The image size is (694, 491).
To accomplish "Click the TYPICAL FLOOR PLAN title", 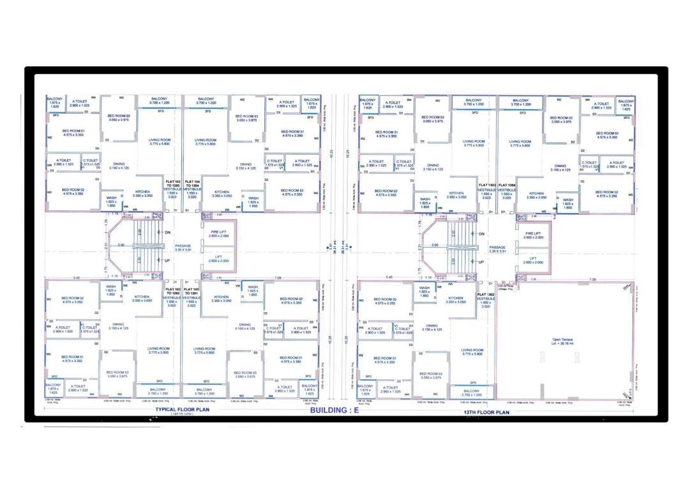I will coord(183,409).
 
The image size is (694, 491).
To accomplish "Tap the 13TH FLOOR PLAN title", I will coord(487,412).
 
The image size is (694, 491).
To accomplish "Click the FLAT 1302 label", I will coord(487,294).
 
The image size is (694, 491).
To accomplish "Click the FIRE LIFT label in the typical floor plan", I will coord(219,233).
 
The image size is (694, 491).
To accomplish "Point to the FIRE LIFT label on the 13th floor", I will coord(533,234).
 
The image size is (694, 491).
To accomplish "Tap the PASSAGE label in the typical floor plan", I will coord(183,246).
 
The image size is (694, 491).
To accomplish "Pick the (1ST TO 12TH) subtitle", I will coord(183,415).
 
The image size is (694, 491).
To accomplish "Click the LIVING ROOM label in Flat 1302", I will coord(472,351).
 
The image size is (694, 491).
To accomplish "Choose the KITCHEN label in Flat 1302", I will coord(455,299).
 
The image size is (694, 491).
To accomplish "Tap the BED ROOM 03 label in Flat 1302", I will coord(431,375).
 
